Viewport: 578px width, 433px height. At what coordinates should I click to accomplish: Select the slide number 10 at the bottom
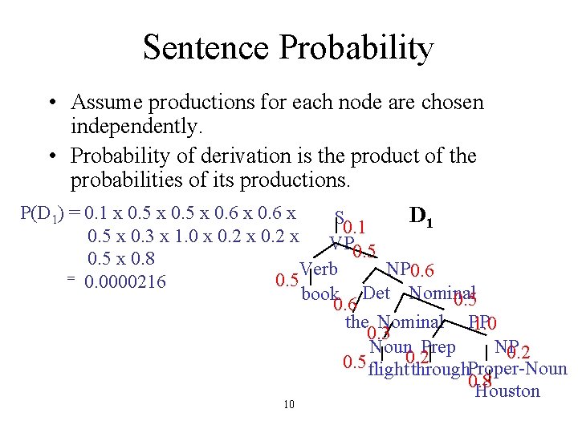289,404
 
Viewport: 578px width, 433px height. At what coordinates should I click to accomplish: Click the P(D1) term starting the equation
46,215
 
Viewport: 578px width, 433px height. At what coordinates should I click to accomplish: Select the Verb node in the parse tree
318,269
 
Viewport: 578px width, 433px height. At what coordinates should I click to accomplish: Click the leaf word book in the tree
320,294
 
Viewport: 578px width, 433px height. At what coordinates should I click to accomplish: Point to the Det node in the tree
376,293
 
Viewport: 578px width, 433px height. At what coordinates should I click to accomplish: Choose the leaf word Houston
507,391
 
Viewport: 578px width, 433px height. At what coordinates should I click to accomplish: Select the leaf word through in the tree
438,370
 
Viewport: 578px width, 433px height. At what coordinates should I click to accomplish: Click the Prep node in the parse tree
438,347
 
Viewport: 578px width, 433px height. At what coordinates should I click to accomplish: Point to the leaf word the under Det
356,322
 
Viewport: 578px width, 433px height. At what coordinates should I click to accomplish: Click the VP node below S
340,242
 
